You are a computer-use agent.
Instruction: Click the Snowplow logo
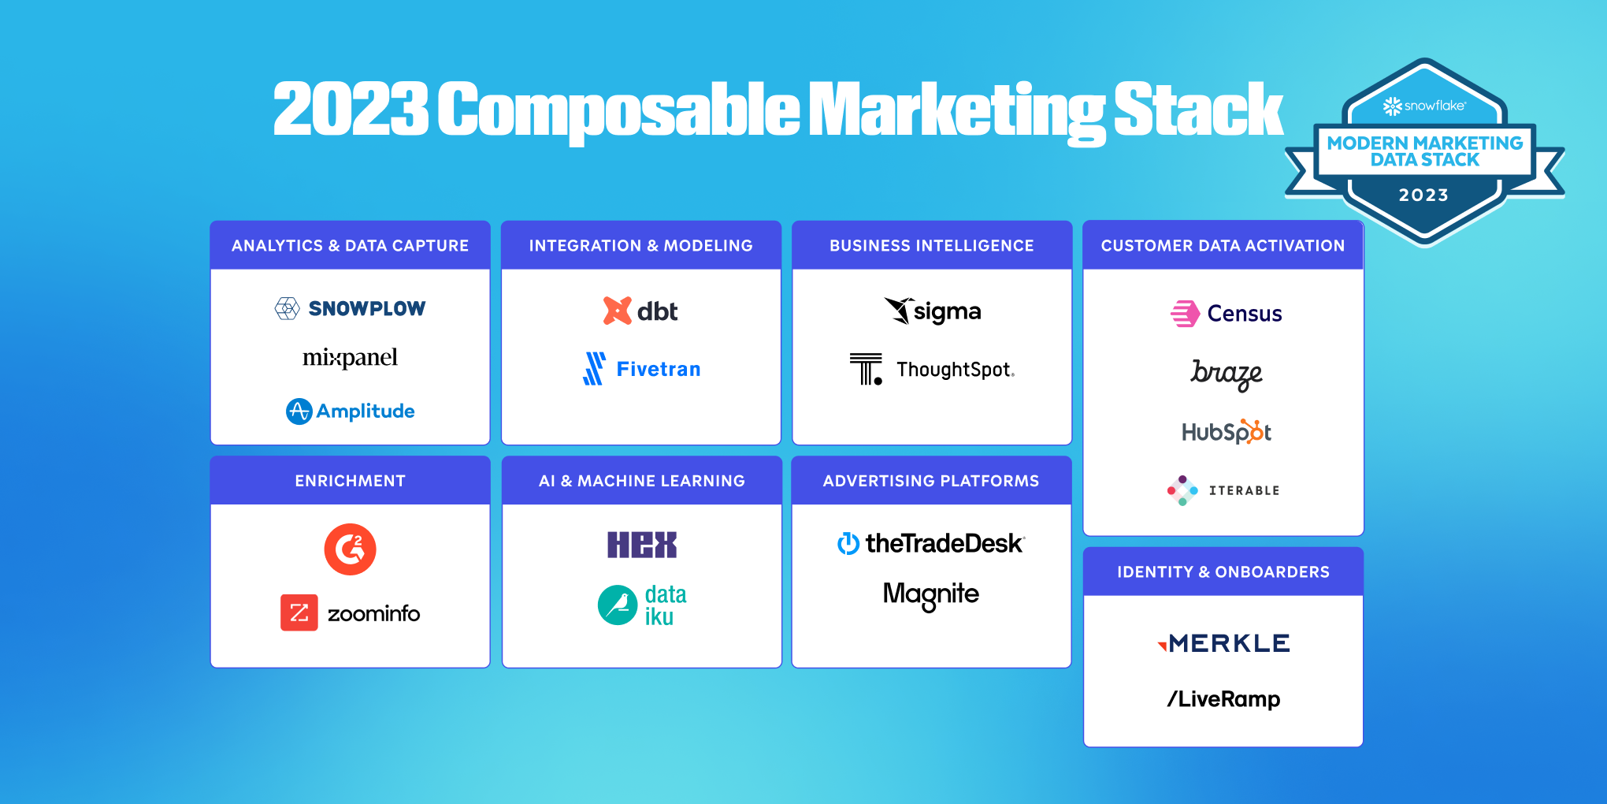tap(351, 308)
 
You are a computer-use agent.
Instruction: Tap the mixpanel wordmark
tap(351, 358)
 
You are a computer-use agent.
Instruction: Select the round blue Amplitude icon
tap(299, 411)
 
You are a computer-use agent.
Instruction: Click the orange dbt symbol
tap(617, 311)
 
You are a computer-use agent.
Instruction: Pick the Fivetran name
tap(659, 369)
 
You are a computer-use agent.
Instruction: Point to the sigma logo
tap(933, 311)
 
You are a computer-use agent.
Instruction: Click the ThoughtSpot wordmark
tap(955, 370)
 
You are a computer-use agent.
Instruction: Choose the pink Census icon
tap(1184, 314)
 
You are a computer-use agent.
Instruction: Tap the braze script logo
tap(1226, 373)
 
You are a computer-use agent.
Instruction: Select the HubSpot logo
tap(1226, 432)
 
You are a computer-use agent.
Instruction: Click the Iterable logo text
tap(1244, 490)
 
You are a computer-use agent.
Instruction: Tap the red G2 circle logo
tap(350, 549)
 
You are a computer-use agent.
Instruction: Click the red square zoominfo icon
tap(299, 612)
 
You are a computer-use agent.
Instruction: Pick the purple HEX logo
tap(641, 545)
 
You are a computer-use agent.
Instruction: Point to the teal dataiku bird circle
tap(618, 605)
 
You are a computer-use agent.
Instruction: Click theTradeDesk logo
tap(930, 543)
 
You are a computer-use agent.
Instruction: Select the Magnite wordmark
tap(931, 594)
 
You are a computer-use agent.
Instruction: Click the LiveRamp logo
tap(1223, 699)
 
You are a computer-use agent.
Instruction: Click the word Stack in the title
tap(1198, 110)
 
